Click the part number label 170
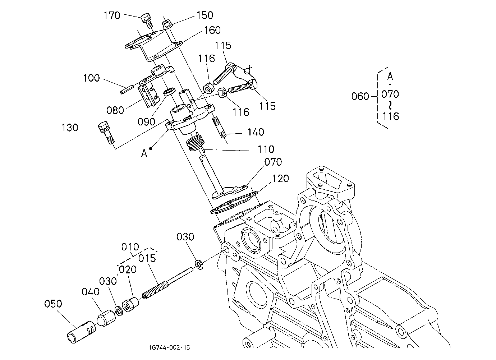tap(112, 15)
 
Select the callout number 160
tap(212, 30)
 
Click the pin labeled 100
tap(127, 89)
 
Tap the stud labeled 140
tap(219, 128)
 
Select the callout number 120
tap(281, 179)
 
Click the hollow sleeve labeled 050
tap(82, 332)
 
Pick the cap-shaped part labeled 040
tap(106, 318)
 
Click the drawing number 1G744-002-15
tap(170, 347)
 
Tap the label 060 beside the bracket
tap(360, 97)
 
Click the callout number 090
tap(146, 122)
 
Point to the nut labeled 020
tap(130, 305)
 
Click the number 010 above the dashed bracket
tap(130, 247)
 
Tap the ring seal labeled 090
tap(170, 92)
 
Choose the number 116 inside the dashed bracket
tap(391, 116)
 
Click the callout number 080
tap(115, 110)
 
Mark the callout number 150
tap(205, 15)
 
